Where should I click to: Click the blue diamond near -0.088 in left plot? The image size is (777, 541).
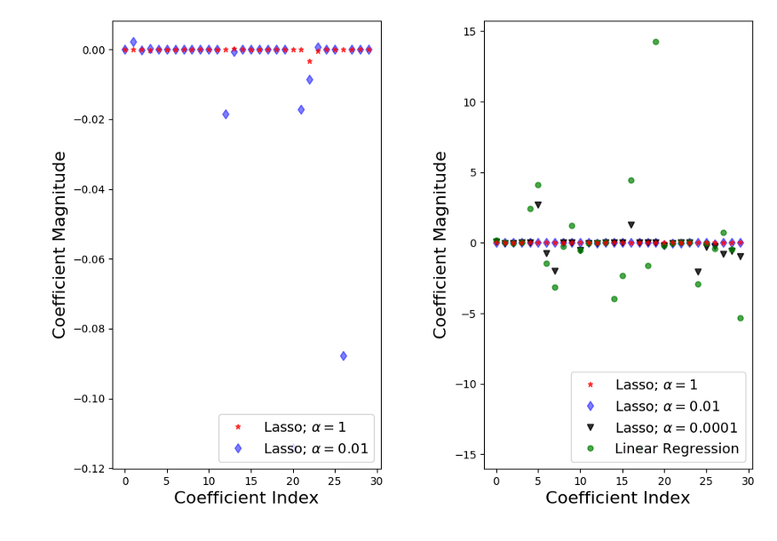[344, 355]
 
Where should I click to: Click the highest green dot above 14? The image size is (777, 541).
[655, 42]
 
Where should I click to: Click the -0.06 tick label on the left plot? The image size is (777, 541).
[90, 259]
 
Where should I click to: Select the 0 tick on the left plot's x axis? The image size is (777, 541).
[125, 481]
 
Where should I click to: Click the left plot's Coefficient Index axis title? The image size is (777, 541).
[246, 498]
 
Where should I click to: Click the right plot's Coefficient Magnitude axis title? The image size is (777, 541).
[440, 244]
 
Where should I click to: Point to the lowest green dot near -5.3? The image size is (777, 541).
[740, 318]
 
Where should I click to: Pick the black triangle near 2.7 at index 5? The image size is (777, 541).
[538, 205]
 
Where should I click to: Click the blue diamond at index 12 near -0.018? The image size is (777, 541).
[226, 114]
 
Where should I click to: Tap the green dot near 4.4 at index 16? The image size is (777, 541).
[630, 180]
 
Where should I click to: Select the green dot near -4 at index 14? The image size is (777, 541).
[614, 298]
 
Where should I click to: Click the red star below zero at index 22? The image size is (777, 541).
[309, 61]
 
